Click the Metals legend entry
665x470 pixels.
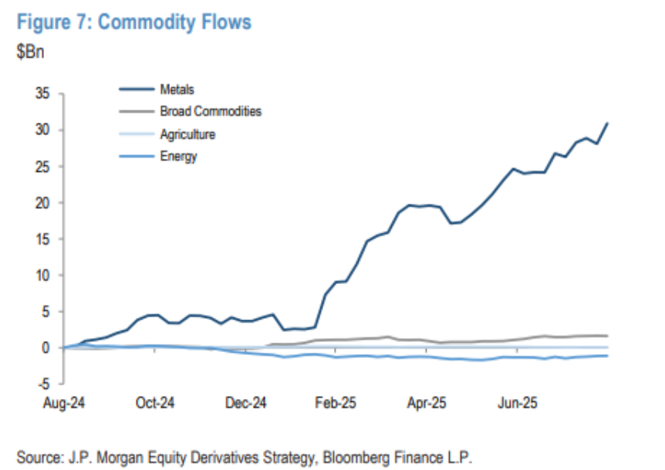click(x=177, y=90)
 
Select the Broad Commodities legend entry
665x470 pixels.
click(x=210, y=111)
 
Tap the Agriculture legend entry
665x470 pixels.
click(x=187, y=134)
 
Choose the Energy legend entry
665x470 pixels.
click(x=179, y=156)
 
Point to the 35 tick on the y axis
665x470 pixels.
click(x=40, y=93)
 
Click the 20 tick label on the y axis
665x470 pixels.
click(x=40, y=203)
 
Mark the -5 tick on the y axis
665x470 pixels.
click(x=42, y=384)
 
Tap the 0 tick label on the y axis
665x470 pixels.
click(x=46, y=348)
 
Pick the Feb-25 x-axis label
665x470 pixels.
click(x=336, y=403)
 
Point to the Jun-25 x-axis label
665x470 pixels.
click(x=517, y=403)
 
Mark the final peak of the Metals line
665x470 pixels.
click(x=608, y=123)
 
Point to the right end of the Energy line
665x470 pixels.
click(x=608, y=356)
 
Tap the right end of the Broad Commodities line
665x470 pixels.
click(x=608, y=336)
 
